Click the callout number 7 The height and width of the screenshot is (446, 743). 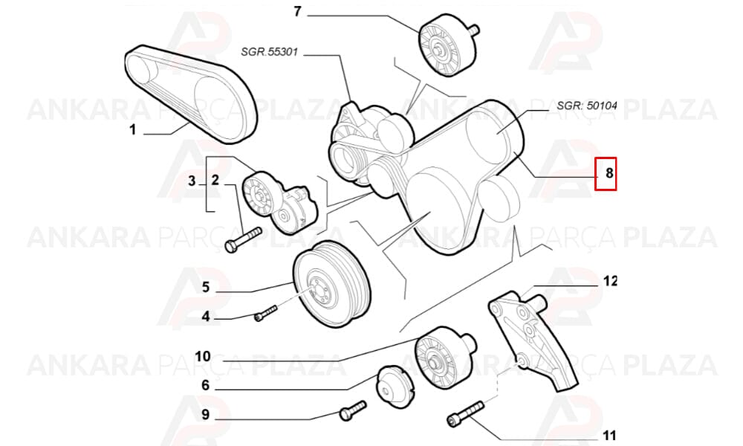[x=297, y=11]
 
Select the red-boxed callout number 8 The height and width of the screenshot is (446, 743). [x=609, y=173]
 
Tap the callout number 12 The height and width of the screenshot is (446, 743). [x=610, y=281]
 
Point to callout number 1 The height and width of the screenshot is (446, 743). [x=133, y=129]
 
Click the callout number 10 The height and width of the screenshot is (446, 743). [x=203, y=356]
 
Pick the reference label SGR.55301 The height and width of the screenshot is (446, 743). [x=269, y=52]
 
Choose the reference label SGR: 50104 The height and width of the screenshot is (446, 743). [x=587, y=106]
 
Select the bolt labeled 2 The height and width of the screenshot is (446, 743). [x=244, y=239]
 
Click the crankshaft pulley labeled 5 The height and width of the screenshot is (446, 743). [x=331, y=283]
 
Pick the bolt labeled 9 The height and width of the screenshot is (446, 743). [x=353, y=410]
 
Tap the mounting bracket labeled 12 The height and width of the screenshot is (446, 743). [x=533, y=340]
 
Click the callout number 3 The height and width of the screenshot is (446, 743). [x=192, y=181]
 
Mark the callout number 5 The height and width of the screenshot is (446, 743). [x=206, y=287]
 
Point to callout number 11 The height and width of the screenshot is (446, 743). [x=609, y=435]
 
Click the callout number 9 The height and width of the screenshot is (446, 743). [x=205, y=415]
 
